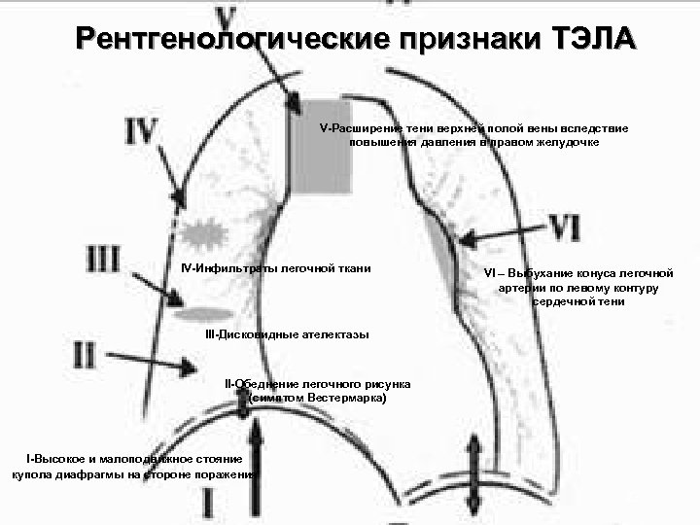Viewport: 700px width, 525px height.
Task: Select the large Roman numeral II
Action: (86, 352)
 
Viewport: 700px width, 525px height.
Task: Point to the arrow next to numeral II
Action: (155, 362)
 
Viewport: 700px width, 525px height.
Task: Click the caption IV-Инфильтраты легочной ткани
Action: (276, 268)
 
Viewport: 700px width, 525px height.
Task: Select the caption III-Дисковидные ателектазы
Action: (287, 334)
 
